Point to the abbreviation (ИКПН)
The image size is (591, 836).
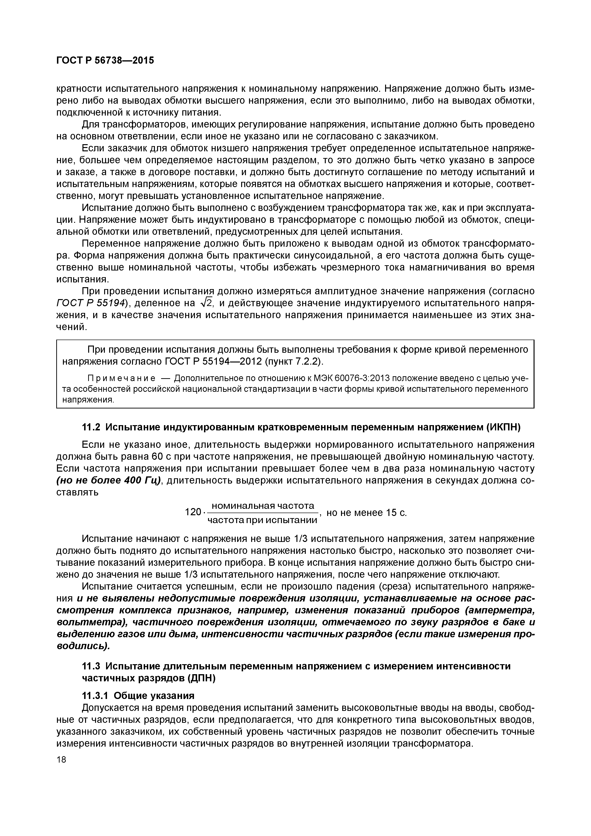pos(503,428)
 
